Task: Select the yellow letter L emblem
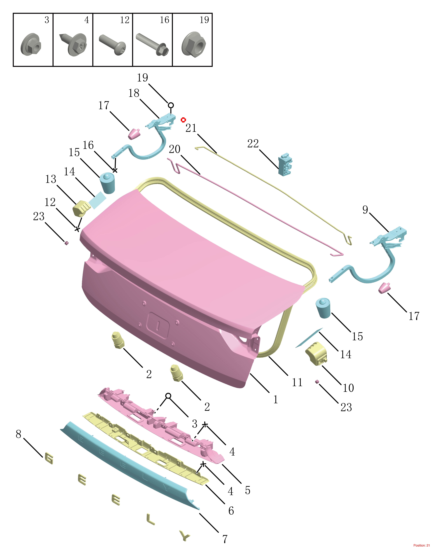(x=150, y=519)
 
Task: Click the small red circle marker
(x=183, y=120)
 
